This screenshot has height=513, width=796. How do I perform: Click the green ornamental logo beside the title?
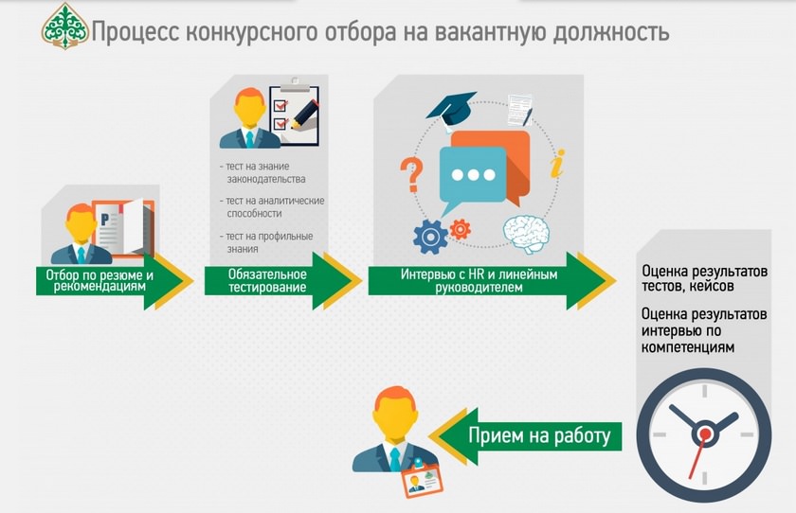point(64,26)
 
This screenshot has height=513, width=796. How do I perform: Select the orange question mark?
point(410,175)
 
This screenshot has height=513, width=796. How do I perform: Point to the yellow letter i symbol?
point(557,163)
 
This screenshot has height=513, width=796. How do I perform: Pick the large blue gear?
point(430,237)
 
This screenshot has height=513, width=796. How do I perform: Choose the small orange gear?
point(460,229)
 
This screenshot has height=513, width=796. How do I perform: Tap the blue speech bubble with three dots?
point(472,177)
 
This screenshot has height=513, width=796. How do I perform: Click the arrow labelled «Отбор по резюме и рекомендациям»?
point(115,281)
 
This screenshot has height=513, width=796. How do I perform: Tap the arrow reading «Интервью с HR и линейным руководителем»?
point(493,281)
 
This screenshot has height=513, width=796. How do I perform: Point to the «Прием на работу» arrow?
point(525,436)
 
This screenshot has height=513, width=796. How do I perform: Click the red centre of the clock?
point(705,433)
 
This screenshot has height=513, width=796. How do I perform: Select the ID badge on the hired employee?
point(423,480)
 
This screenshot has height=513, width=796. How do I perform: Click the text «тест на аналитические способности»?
point(273,207)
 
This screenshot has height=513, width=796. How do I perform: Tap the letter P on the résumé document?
point(104,220)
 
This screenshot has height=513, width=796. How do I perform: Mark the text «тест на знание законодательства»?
point(262,172)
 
